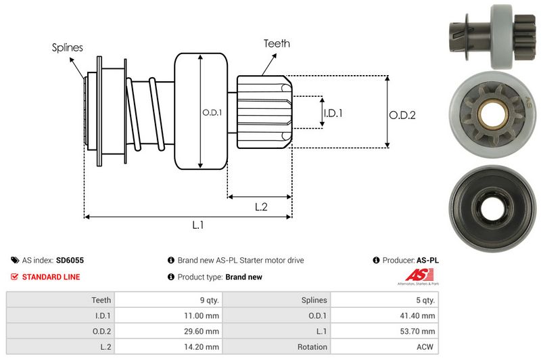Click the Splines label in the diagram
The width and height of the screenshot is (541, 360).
[x=68, y=47]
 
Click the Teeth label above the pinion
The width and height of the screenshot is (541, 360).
[x=277, y=43]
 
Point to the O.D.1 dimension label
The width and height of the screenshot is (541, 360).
[x=212, y=112]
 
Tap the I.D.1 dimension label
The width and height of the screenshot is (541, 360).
[x=333, y=113]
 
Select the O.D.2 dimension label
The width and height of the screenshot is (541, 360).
[x=402, y=115]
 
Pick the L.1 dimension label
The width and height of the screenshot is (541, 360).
[x=198, y=225]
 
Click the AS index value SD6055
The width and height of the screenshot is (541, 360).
[x=70, y=260]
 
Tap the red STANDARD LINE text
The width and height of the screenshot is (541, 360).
[x=51, y=277]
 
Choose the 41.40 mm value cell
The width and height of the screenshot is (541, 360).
[x=417, y=315]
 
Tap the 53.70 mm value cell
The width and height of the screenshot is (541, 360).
[x=417, y=332]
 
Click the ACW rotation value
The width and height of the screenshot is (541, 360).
[x=425, y=347]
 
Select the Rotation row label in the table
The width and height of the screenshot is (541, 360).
[x=311, y=347]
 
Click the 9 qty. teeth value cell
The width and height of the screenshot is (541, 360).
[x=206, y=300]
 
